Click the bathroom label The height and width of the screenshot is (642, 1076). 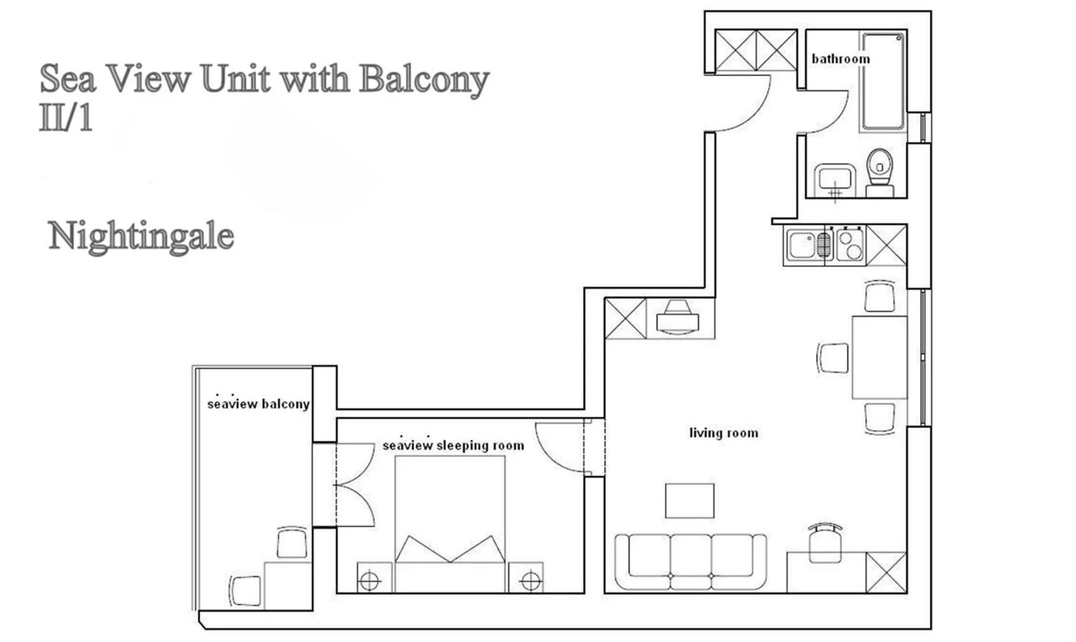(840, 59)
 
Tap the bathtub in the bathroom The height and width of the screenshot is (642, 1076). (883, 81)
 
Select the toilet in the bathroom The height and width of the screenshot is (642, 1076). (880, 169)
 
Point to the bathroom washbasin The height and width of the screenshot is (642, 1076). (835, 178)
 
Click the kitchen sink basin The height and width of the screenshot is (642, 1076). (801, 245)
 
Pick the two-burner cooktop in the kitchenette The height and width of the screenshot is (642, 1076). (850, 245)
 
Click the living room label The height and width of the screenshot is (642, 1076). (723, 433)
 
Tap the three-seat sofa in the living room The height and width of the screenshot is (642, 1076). (690, 561)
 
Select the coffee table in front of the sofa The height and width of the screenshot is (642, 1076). (690, 501)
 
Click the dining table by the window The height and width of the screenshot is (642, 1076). (879, 357)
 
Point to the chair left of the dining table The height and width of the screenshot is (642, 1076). (833, 358)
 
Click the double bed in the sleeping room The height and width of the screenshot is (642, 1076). (450, 523)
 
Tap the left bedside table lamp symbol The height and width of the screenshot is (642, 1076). (370, 580)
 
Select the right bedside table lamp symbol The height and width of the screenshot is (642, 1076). (530, 580)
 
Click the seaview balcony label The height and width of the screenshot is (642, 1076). (258, 404)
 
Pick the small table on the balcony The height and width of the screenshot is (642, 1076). (288, 585)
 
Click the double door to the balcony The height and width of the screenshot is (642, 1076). (354, 484)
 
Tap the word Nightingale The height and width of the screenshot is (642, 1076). (141, 236)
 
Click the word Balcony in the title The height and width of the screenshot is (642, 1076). (423, 79)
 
